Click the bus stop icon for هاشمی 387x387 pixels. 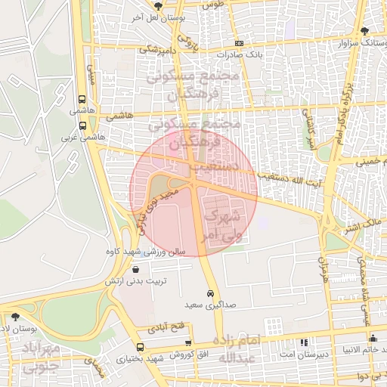pos(81,99)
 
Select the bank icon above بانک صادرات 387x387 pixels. pos(239,43)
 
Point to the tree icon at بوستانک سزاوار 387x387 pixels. pos(366,31)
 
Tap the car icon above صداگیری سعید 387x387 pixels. pos(209,293)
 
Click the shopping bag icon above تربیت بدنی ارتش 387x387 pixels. pos(135,269)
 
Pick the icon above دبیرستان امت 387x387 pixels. pos(304,342)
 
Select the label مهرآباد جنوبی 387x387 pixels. pos(29,358)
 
